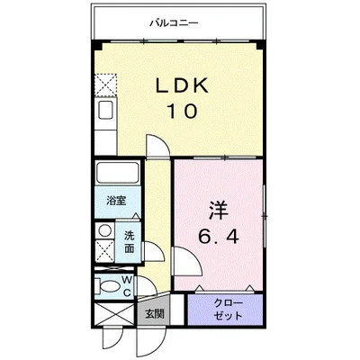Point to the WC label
[x=127, y=286]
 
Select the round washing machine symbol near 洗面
[x=103, y=230]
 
